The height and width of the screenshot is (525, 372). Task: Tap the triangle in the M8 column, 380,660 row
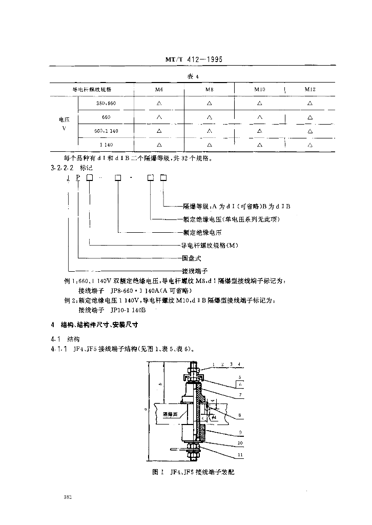tap(210, 103)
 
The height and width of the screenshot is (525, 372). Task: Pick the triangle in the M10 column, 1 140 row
tap(260, 145)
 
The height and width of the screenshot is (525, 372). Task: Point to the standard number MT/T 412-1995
tap(194, 59)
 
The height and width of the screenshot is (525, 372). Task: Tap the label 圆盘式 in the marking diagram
tap(192, 258)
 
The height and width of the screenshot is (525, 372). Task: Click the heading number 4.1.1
tap(59, 350)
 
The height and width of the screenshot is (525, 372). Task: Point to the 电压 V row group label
tap(64, 124)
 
